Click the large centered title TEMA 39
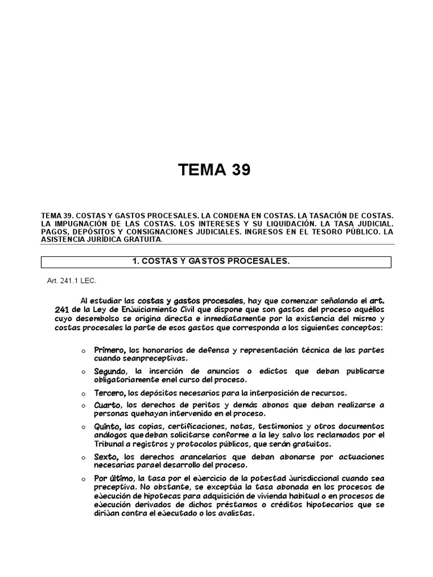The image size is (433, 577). coord(214,169)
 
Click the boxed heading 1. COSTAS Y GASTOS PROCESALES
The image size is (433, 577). coord(216,262)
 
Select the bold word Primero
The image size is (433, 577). coord(110,350)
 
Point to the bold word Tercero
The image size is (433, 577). coord(109,393)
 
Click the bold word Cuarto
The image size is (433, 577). coord(108,405)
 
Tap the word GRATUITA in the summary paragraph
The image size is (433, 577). coord(136,239)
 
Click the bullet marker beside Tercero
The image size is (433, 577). coord(83,394)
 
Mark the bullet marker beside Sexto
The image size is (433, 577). coord(83,457)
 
